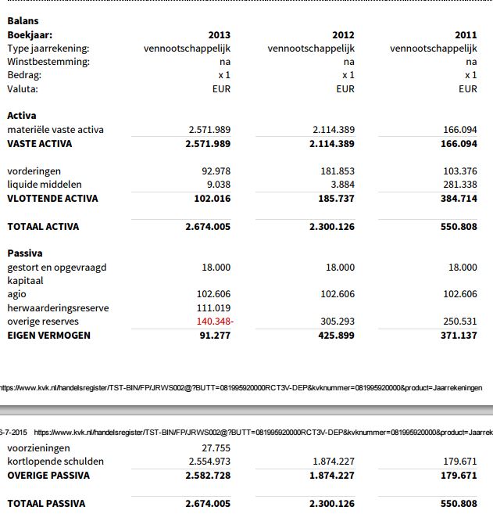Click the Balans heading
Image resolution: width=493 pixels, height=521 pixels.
click(x=23, y=21)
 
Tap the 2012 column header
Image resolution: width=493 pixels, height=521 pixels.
click(x=343, y=35)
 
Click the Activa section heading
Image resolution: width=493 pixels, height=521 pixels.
click(x=22, y=116)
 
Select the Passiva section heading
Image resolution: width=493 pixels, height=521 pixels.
click(x=25, y=253)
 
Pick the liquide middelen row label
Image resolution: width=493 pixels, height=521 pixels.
click(x=44, y=185)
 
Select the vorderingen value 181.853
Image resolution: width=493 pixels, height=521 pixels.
click(x=337, y=171)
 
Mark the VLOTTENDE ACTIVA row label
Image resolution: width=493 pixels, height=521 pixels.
click(x=52, y=199)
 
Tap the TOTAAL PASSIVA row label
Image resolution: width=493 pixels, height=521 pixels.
click(x=46, y=503)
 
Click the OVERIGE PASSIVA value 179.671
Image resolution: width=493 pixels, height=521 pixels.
click(x=459, y=476)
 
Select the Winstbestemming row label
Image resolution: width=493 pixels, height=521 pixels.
click(x=48, y=62)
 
